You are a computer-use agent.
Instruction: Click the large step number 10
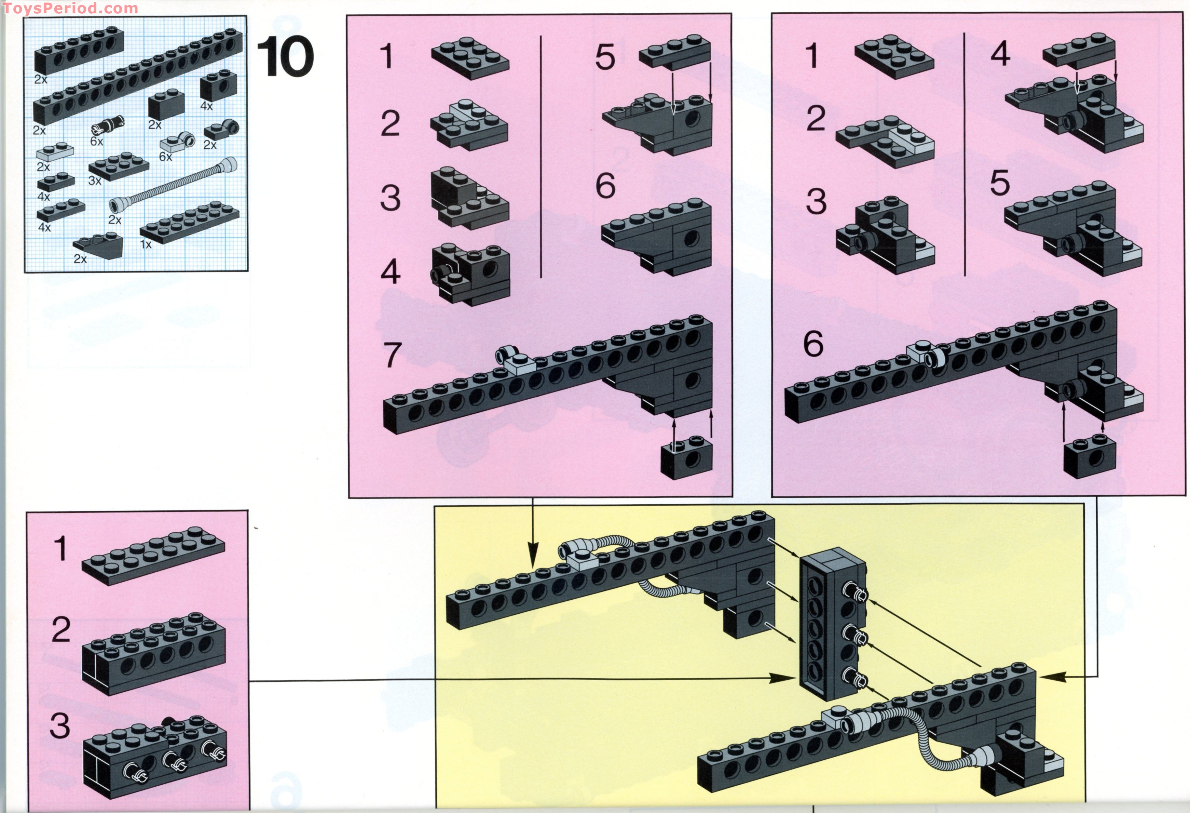[285, 58]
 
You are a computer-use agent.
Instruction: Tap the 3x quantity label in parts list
[95, 180]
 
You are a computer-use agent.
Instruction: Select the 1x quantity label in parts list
[146, 244]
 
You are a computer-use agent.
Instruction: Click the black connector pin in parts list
[108, 124]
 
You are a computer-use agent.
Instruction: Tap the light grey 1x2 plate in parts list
[55, 152]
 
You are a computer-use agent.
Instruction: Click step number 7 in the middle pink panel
[392, 355]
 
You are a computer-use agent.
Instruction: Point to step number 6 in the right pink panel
[813, 344]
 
